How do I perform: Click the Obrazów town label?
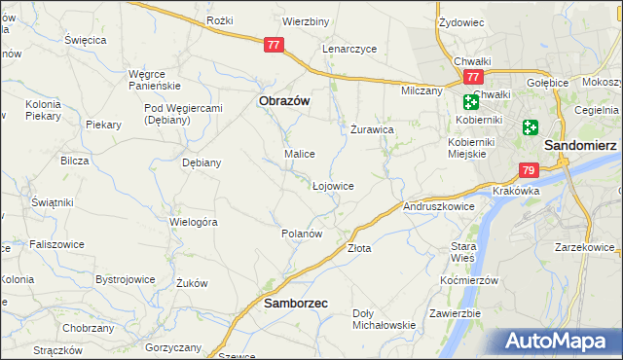[283, 99]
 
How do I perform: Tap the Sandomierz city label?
[581, 143]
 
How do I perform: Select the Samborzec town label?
[296, 304]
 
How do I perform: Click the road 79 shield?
[529, 170]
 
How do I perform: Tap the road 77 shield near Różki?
[274, 44]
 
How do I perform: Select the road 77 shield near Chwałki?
[473, 77]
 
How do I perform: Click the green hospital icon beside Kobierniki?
[471, 101]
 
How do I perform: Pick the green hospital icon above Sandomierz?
[531, 126]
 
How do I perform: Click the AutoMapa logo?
[560, 342]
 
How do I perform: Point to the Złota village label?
[359, 248]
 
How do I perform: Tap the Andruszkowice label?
[438, 206]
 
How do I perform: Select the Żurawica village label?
[371, 128]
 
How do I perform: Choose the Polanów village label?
[301, 234]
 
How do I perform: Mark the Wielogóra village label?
[193, 222]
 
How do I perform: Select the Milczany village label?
[421, 90]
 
